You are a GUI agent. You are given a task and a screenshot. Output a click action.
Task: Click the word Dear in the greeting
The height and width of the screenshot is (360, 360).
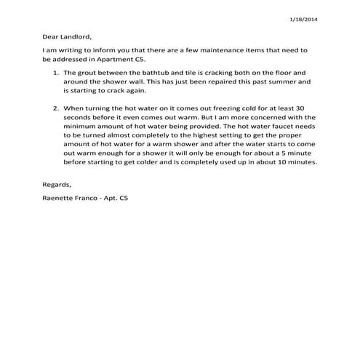coord(52,36)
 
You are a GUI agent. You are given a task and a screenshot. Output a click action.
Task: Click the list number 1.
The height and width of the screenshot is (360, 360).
coord(56,73)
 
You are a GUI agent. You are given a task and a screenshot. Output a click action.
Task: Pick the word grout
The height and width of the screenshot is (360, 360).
coord(84,73)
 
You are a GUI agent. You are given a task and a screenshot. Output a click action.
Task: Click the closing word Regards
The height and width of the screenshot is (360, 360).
coord(57,185)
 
